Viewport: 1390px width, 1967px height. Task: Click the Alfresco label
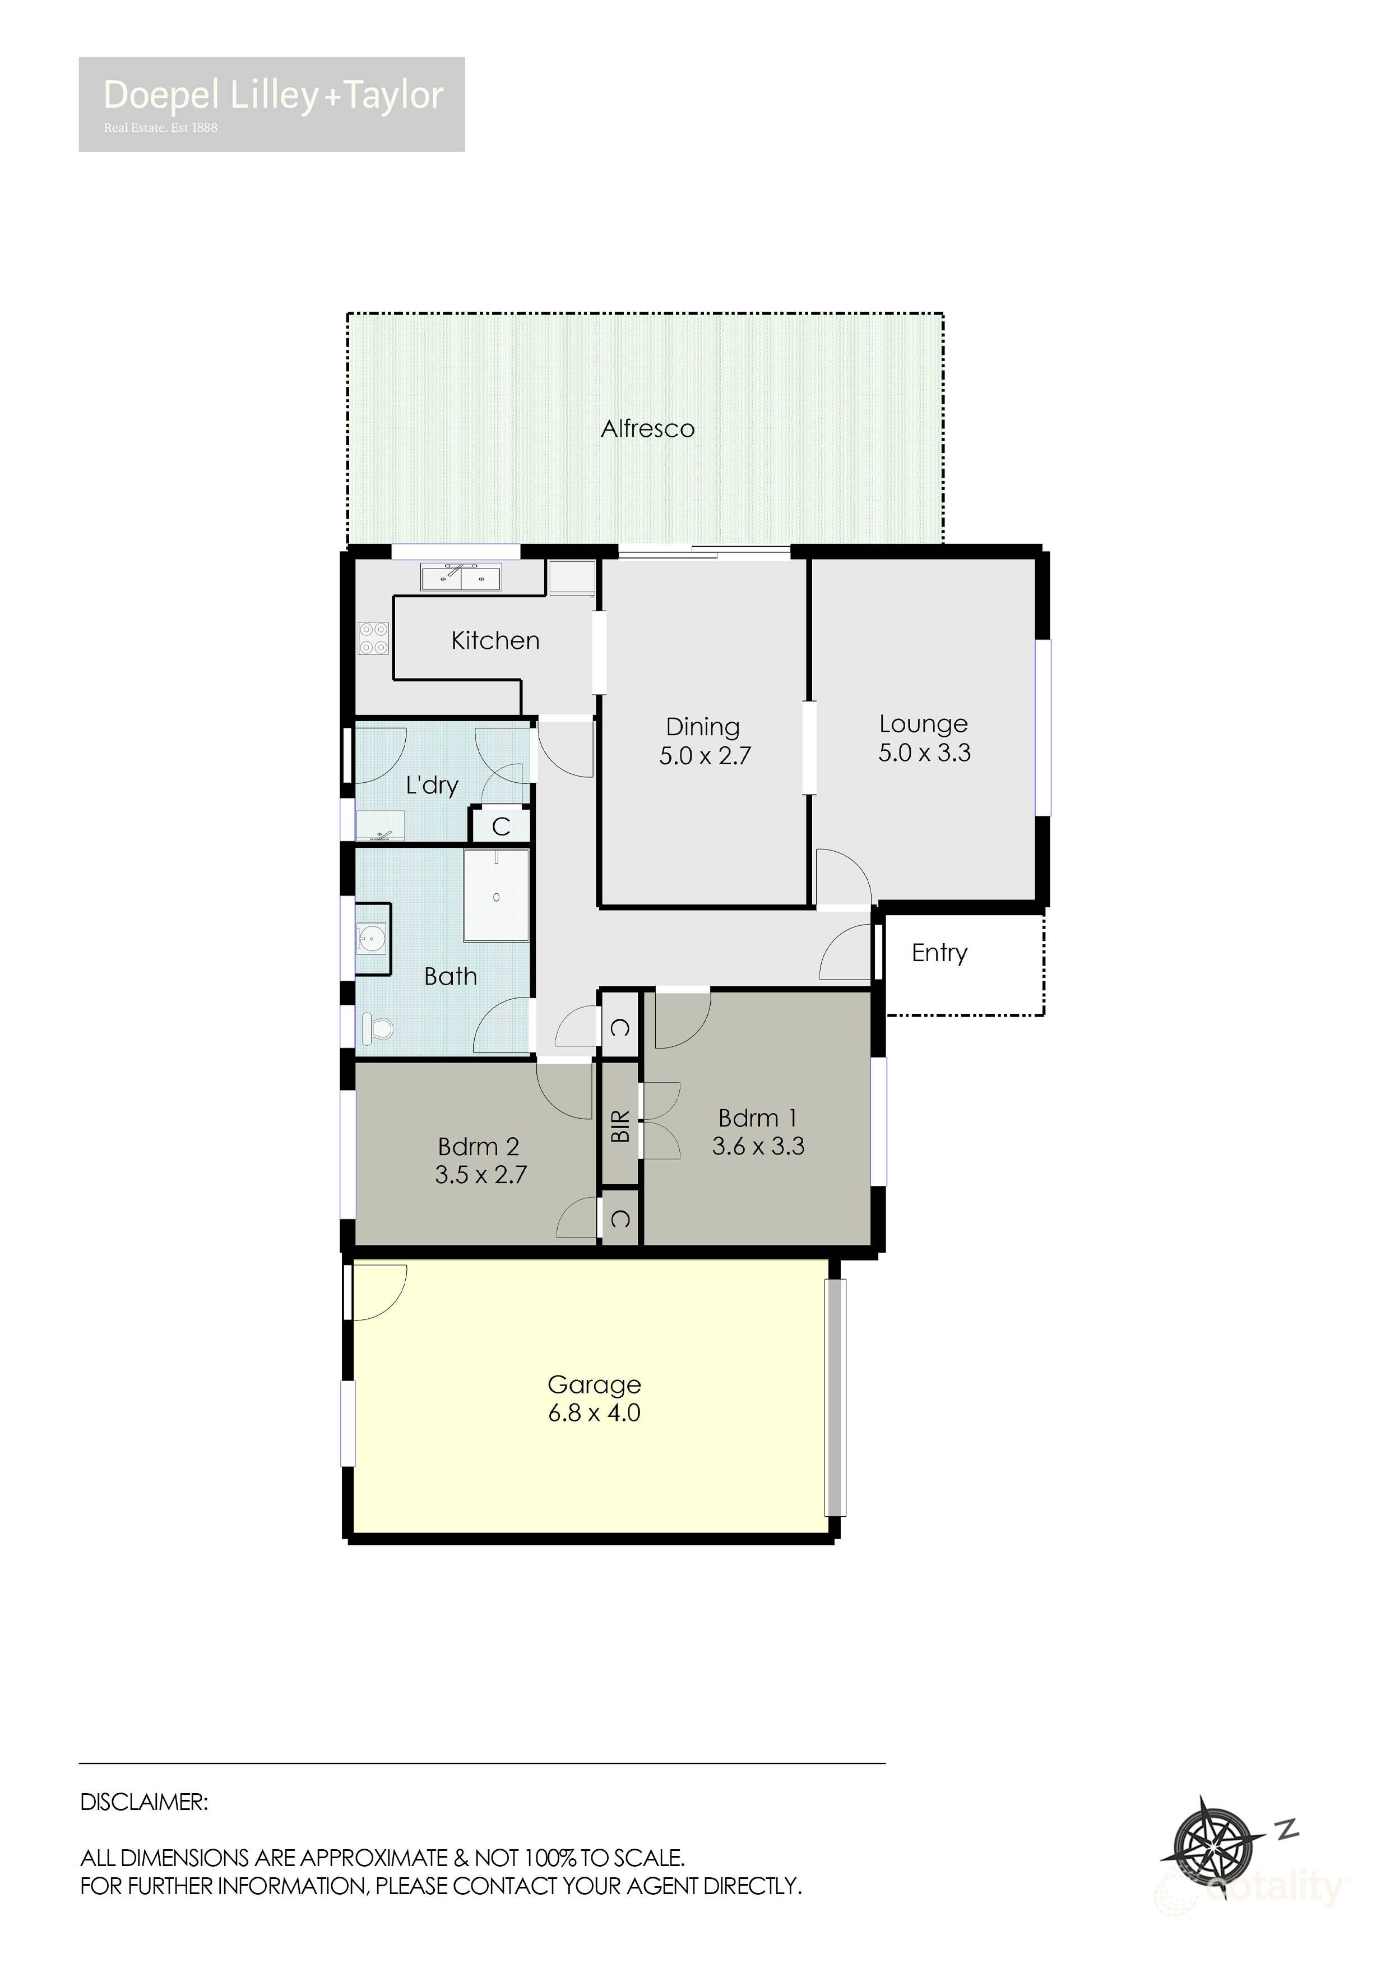pos(647,428)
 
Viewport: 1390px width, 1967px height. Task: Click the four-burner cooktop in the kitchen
pos(373,638)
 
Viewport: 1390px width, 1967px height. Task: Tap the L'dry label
pos(432,785)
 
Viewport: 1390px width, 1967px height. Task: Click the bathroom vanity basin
pos(372,938)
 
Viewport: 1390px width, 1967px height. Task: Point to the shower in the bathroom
pos(496,895)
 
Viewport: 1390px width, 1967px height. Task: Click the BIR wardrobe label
pos(620,1126)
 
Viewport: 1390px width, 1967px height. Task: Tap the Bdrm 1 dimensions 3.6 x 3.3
pos(758,1146)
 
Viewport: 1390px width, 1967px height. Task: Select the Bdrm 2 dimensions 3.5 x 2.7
pos(480,1175)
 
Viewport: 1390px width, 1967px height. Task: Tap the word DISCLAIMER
pos(144,1802)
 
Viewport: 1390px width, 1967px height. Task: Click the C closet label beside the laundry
pos(501,826)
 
